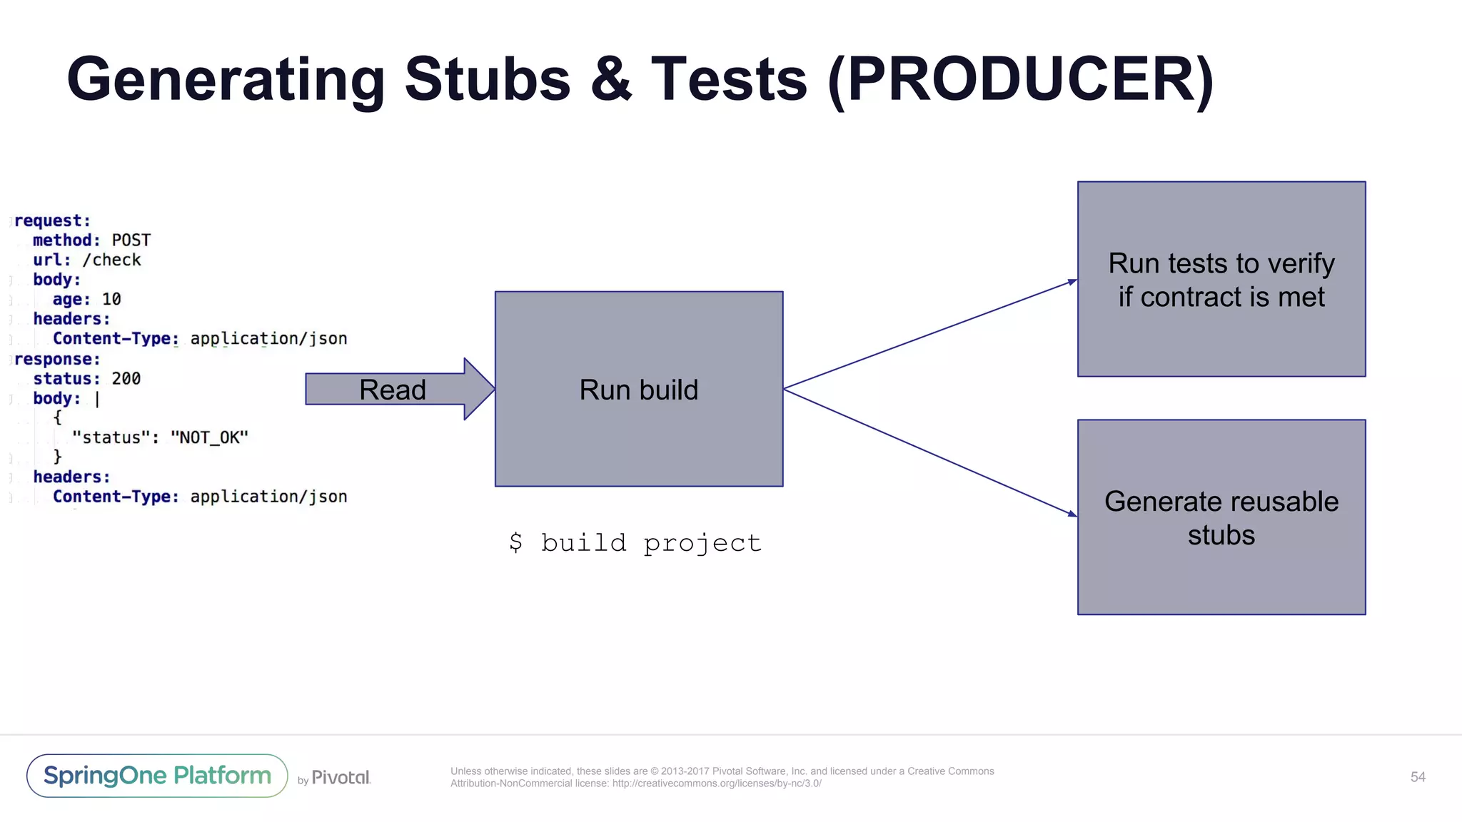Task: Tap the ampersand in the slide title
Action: (611, 80)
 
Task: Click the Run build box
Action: (639, 390)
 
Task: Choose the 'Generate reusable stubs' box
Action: (1221, 517)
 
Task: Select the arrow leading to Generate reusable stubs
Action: (928, 452)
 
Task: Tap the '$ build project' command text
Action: (635, 543)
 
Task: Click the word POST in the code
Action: (131, 240)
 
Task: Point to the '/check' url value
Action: (112, 260)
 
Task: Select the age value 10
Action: (111, 300)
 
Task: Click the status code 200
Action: (126, 379)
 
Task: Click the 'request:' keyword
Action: (53, 221)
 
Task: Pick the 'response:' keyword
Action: (57, 360)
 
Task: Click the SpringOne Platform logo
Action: (157, 776)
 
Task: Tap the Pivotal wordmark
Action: (341, 778)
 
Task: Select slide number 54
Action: (1418, 777)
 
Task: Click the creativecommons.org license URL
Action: (716, 783)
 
